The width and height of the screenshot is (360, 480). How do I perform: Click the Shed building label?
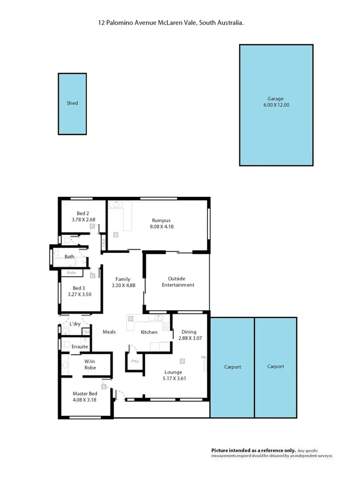72,103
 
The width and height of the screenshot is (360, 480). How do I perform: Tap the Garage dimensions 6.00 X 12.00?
276,105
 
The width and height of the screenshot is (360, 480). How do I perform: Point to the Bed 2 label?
83,213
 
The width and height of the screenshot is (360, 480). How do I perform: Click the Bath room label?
69,257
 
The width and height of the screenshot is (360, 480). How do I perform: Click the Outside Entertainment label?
178,282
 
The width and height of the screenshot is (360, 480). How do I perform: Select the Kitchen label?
149,332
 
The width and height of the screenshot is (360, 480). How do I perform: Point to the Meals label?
109,332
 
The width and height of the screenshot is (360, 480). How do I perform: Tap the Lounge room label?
173,372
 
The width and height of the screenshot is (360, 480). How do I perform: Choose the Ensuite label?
79,347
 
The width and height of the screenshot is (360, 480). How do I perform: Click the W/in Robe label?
90,364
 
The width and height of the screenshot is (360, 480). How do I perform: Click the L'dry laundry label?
75,324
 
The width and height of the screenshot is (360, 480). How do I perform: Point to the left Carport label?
232,366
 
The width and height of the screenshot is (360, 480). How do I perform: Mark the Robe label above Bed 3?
71,273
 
